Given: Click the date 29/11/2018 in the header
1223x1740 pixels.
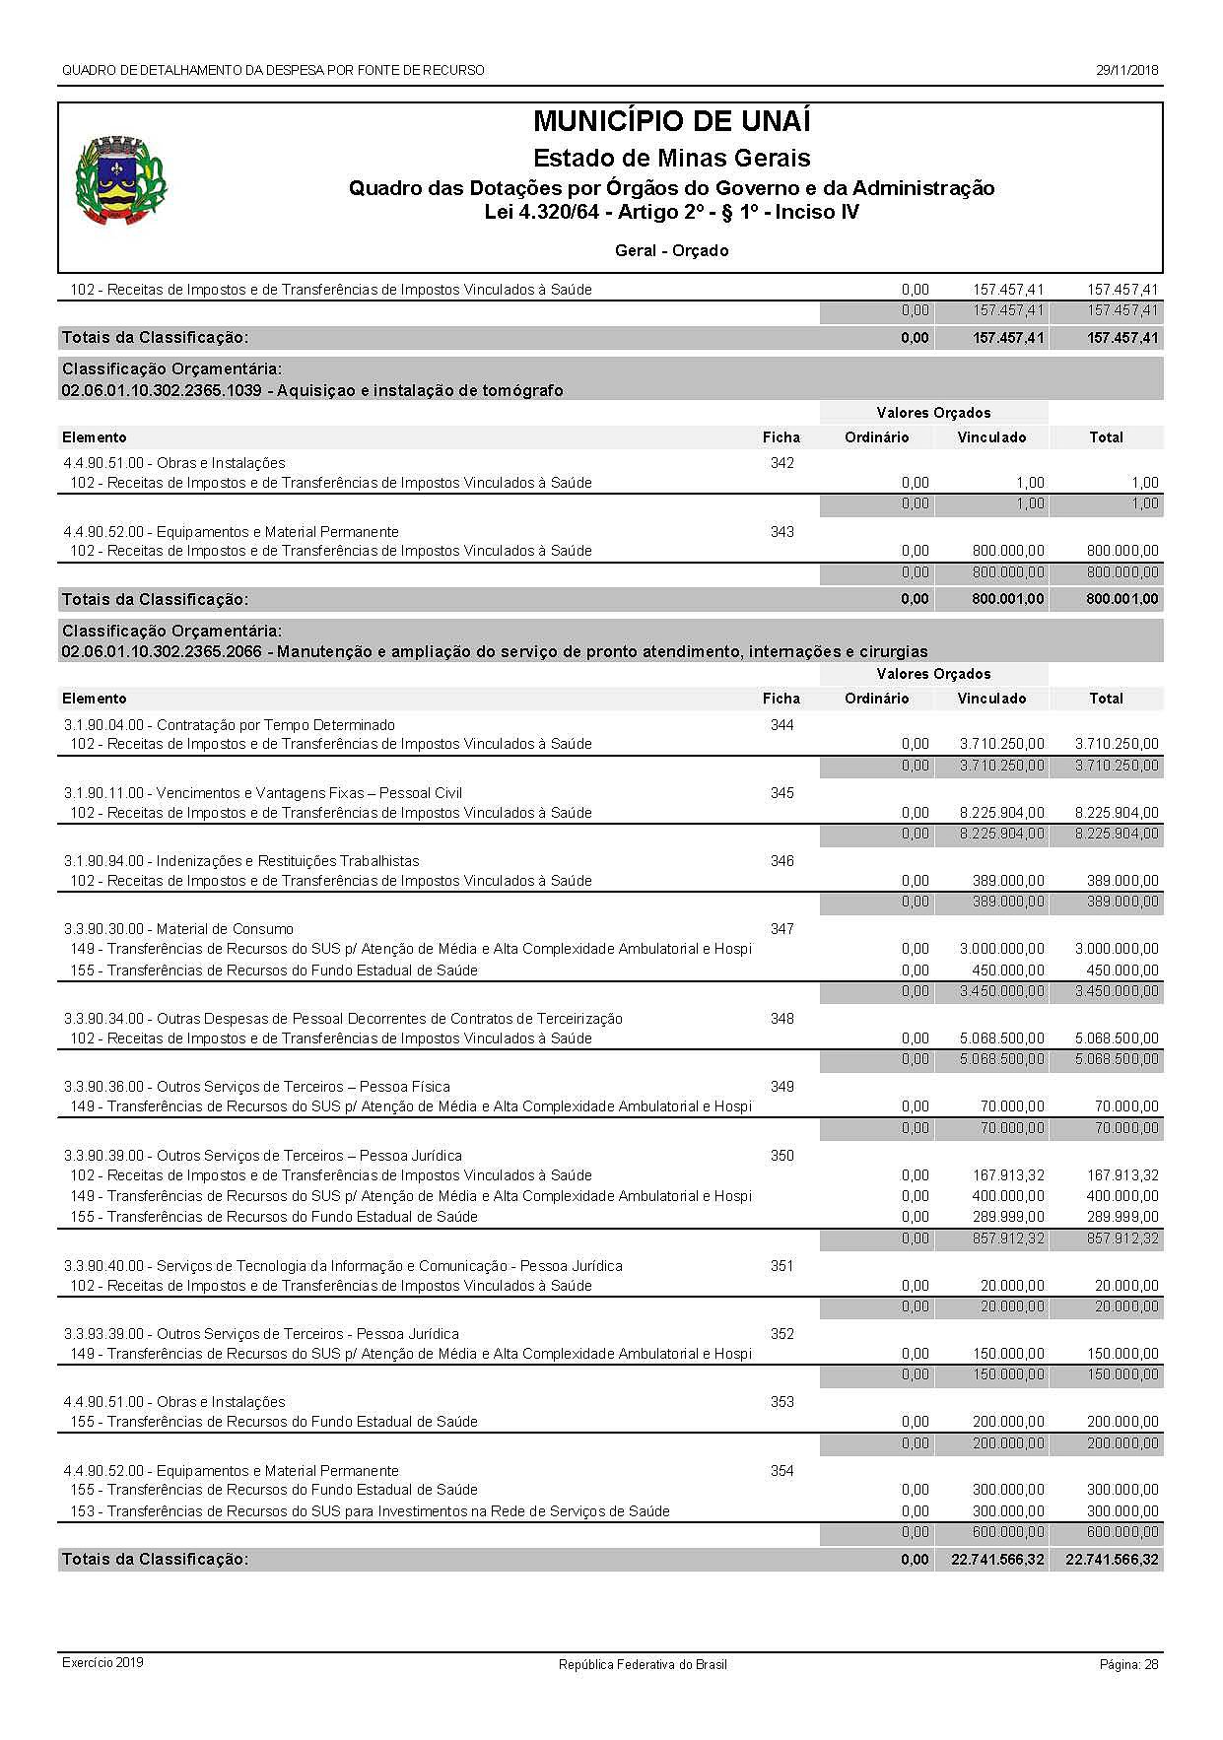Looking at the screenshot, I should coord(1127,71).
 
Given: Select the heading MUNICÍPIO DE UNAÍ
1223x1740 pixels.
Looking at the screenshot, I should coord(671,122).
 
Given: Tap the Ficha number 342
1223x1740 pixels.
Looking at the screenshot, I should coord(781,463).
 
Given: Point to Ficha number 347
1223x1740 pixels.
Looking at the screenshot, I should coord(781,929).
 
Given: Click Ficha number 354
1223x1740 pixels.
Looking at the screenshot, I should coord(781,1471).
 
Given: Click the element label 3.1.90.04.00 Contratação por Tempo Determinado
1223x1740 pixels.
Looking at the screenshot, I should coord(230,725).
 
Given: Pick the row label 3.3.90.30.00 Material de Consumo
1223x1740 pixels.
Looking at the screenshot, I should coord(178,929).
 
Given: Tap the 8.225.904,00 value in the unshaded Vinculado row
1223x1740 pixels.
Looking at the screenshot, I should coord(1001,813).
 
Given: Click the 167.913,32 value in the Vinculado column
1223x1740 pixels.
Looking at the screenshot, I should coord(1008,1175).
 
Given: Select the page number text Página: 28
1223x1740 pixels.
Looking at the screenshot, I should coord(1128,1664).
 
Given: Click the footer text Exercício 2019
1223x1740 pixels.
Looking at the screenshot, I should coord(102,1663).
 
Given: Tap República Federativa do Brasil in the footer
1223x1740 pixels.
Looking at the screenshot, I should coord(643,1664).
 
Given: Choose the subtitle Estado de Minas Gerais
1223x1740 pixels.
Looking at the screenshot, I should coord(671,158).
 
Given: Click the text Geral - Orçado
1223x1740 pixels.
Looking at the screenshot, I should coord(671,251).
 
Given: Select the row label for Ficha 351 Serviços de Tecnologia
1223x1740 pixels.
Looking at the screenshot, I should coord(343,1266).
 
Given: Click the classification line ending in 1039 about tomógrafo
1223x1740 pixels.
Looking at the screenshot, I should coord(312,391).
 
